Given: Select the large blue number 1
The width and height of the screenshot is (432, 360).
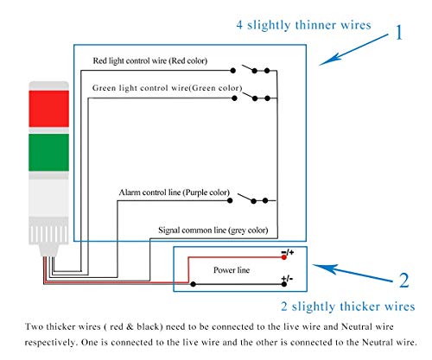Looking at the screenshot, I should tap(398, 34).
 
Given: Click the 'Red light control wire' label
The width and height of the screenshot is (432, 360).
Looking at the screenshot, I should tap(162, 61).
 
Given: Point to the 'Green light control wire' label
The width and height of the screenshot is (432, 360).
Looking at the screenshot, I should tap(167, 88).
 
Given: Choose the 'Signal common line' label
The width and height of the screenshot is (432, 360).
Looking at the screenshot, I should tap(213, 231).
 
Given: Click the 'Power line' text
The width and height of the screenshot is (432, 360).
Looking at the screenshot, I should tap(232, 269).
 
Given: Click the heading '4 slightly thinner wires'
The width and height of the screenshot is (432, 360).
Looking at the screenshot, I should tap(303, 25).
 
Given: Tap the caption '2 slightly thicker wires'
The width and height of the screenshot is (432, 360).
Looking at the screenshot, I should tap(348, 306).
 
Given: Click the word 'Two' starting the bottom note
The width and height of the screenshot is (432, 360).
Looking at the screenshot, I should tap(34, 327).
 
